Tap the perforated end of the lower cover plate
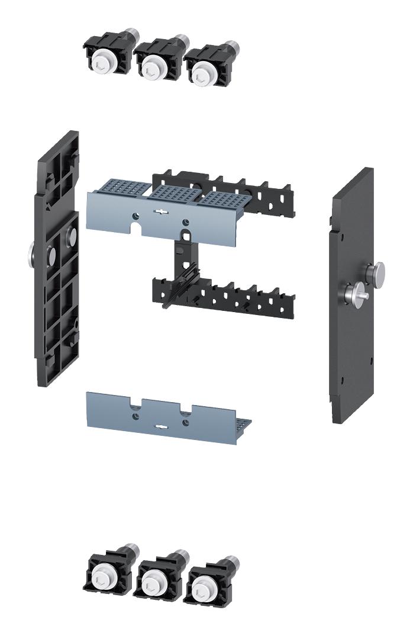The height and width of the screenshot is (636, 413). [x=243, y=426]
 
